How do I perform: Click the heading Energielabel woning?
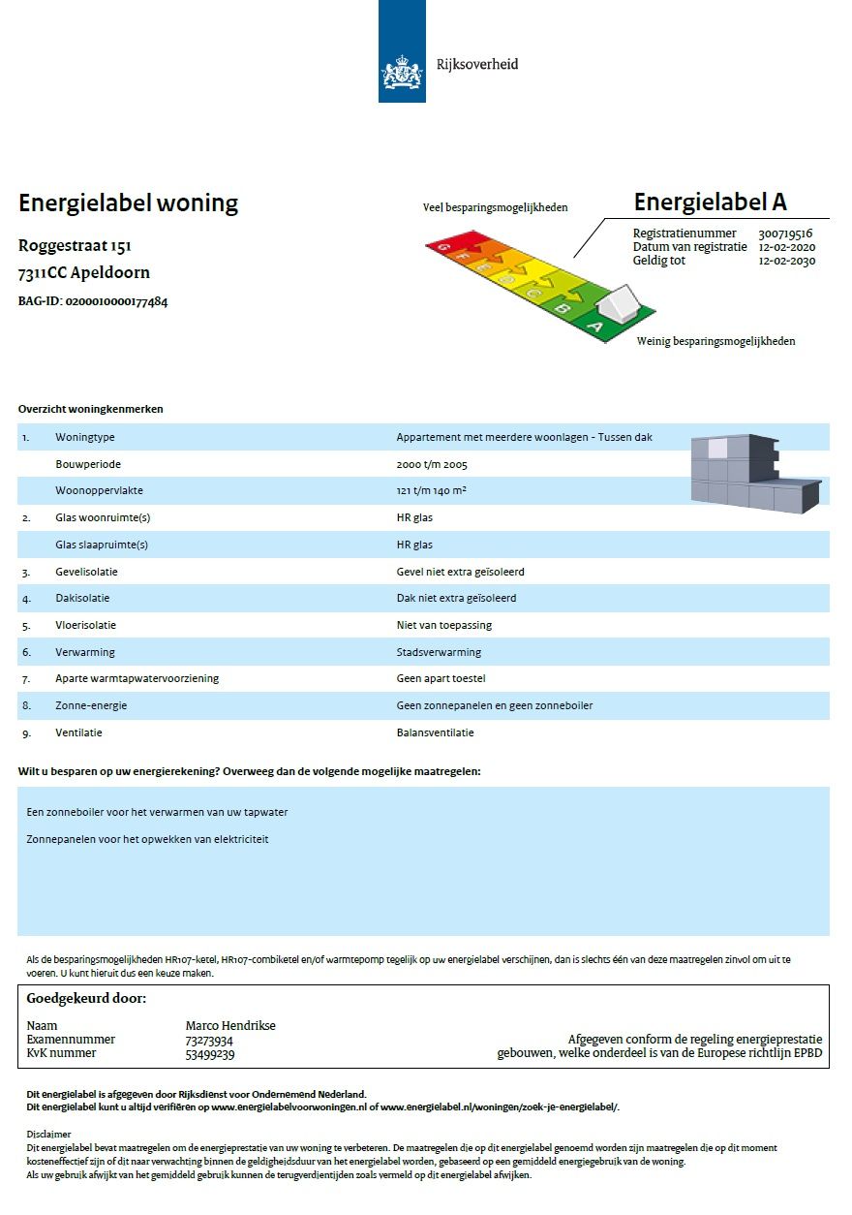[x=128, y=203]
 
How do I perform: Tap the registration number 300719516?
[x=785, y=234]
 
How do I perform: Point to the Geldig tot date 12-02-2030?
[x=785, y=261]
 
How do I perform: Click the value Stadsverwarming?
[x=439, y=652]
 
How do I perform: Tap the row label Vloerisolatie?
[x=87, y=625]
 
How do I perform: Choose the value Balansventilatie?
[x=436, y=732]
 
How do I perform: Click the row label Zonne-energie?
[x=91, y=705]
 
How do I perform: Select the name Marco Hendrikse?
[x=230, y=1026]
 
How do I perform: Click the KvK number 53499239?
[x=209, y=1054]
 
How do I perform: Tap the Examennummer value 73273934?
[x=209, y=1041]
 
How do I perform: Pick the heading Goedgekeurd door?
[x=86, y=998]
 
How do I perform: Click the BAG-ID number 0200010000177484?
[x=116, y=301]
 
